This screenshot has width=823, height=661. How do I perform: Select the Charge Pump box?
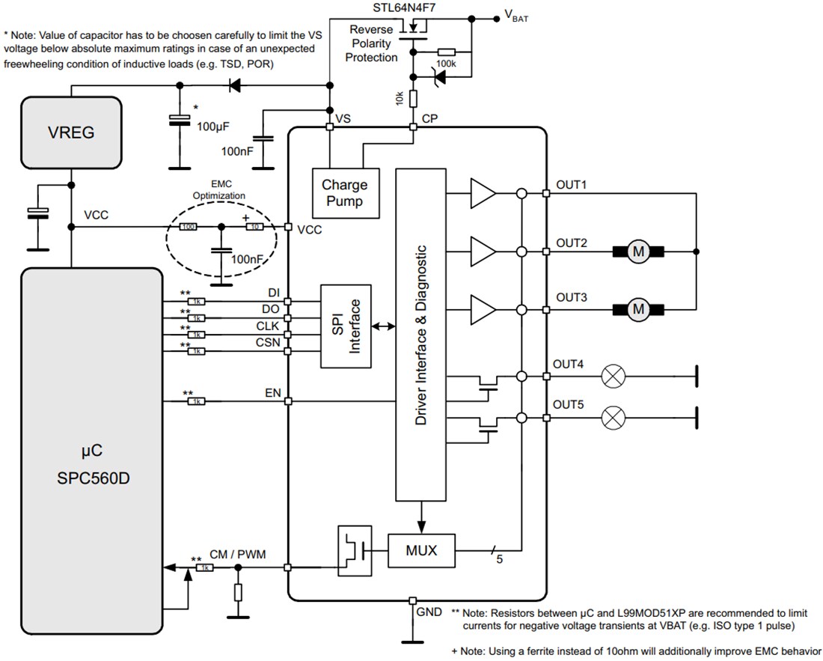point(344,192)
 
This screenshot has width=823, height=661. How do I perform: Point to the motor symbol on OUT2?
point(638,252)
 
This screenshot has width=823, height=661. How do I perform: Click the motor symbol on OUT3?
point(638,308)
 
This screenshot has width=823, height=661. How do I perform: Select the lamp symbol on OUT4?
point(614,376)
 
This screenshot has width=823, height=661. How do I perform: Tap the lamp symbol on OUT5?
point(614,416)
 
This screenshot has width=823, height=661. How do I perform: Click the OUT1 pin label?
point(571,185)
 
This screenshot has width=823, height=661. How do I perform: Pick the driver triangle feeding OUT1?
point(481,194)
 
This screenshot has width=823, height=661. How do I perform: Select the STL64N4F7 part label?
point(404,8)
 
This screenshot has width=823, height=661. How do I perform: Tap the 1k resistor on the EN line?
point(195,402)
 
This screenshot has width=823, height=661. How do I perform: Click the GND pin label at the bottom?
point(429,612)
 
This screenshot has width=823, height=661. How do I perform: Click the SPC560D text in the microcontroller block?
point(94,478)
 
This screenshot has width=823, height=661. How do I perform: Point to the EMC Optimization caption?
point(218,190)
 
